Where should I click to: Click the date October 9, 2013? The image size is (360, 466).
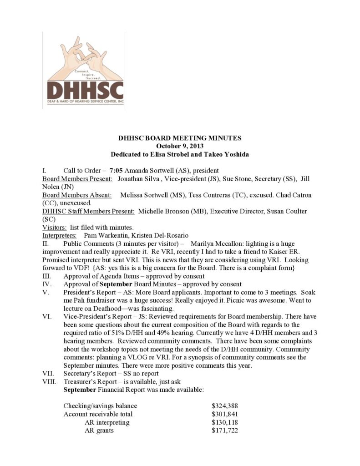180,146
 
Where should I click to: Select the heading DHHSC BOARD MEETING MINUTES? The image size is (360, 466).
180,138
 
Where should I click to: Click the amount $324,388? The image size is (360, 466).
225,406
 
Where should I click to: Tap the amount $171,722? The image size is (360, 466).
225,431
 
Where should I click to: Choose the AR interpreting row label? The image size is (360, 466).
107,422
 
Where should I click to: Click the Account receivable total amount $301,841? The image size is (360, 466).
225,414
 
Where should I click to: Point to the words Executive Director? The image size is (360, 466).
236,211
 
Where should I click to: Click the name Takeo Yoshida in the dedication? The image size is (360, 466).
225,154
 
